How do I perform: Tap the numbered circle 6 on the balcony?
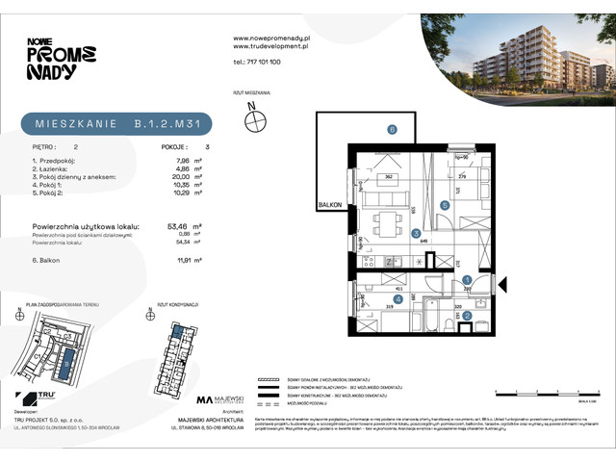(392, 129)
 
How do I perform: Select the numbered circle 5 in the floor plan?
(444, 205)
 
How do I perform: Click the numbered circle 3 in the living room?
(415, 233)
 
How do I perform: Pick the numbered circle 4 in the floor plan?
(411, 298)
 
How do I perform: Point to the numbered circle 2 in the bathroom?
(468, 314)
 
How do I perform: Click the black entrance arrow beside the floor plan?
(507, 284)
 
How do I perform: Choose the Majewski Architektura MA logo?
(205, 398)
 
